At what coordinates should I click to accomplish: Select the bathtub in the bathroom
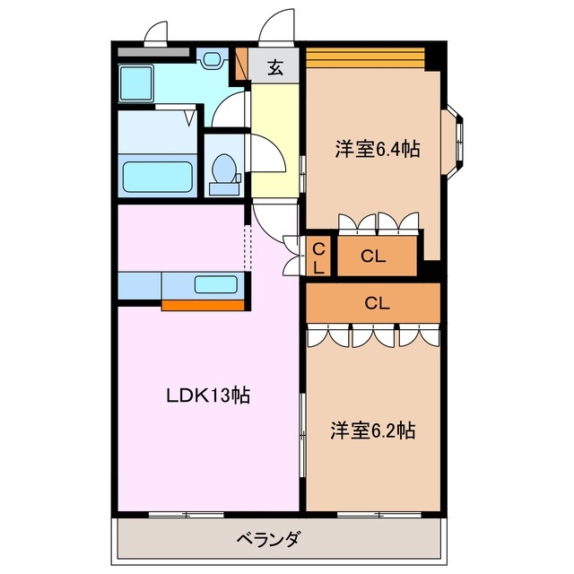156,175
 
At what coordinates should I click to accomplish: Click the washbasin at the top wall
213,61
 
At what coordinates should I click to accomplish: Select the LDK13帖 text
206,395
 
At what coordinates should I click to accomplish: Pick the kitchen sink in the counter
216,285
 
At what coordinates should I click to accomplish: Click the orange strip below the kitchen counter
204,305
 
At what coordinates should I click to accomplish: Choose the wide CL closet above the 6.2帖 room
374,302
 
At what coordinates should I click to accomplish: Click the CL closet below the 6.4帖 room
376,256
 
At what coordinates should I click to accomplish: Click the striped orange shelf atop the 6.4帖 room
363,57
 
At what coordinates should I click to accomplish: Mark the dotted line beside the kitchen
249,247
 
